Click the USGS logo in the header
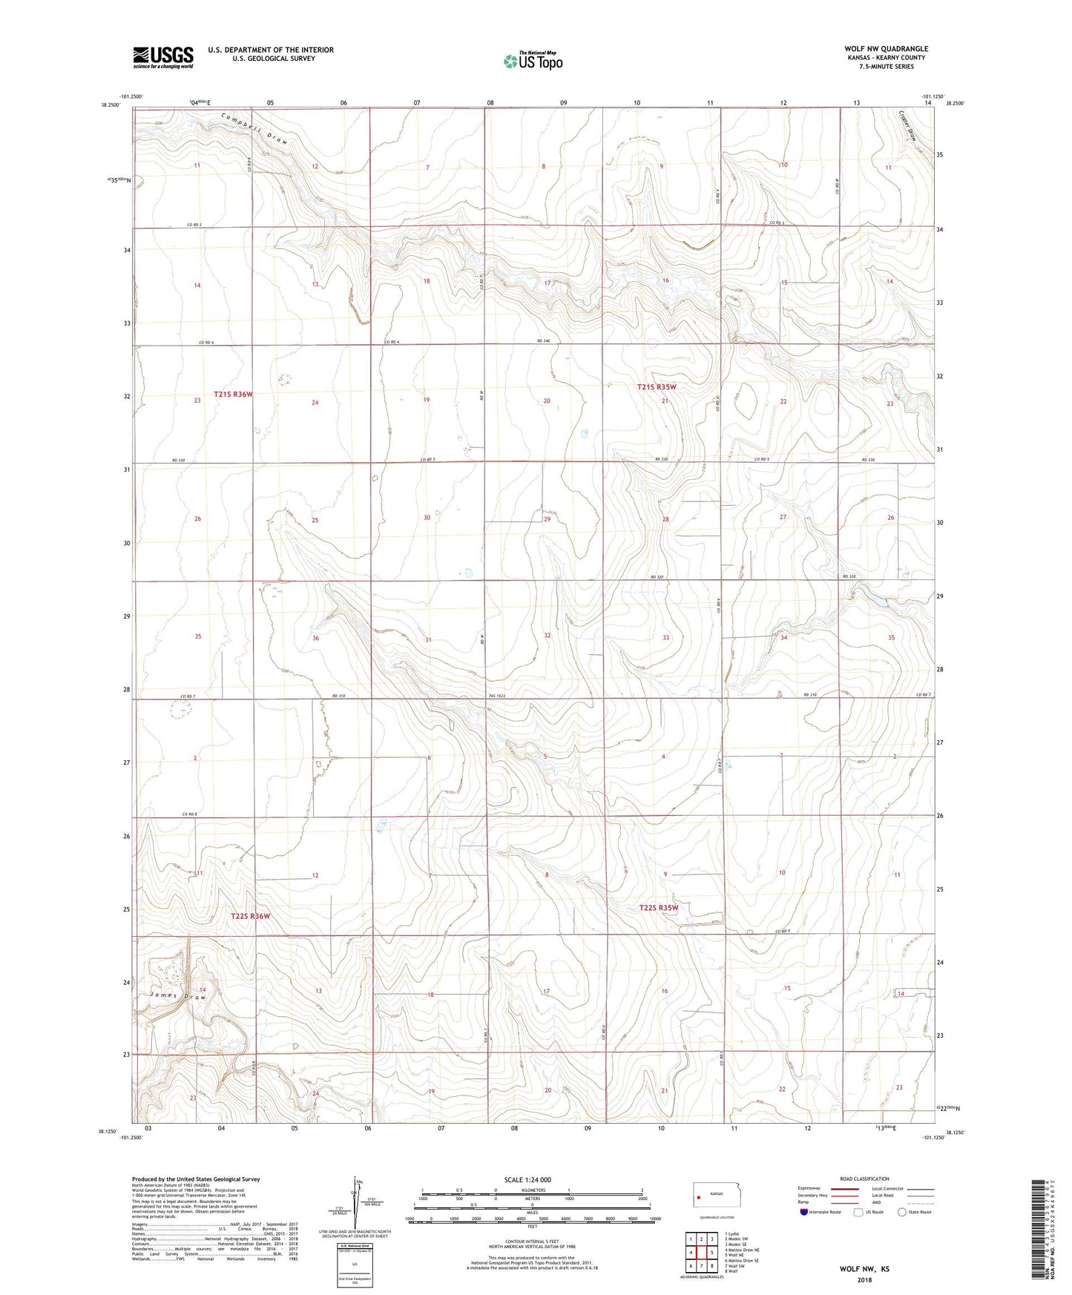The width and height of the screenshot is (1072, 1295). pyautogui.click(x=162, y=57)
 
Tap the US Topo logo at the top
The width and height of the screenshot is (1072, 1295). pyautogui.click(x=533, y=61)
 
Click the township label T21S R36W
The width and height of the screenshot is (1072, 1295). pyautogui.click(x=233, y=395)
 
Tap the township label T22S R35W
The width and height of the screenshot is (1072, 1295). pyautogui.click(x=658, y=907)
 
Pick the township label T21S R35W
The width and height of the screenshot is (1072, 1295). pyautogui.click(x=657, y=387)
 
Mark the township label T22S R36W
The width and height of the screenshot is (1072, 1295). pyautogui.click(x=250, y=916)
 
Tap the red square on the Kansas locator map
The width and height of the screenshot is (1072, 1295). pyautogui.click(x=699, y=1196)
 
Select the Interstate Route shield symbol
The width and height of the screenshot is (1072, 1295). pyautogui.click(x=804, y=1212)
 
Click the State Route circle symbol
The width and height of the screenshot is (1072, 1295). pyautogui.click(x=901, y=1212)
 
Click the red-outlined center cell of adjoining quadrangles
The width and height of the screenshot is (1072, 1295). pyautogui.click(x=701, y=1252)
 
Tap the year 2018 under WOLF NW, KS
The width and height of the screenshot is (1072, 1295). pyautogui.click(x=864, y=1279)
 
